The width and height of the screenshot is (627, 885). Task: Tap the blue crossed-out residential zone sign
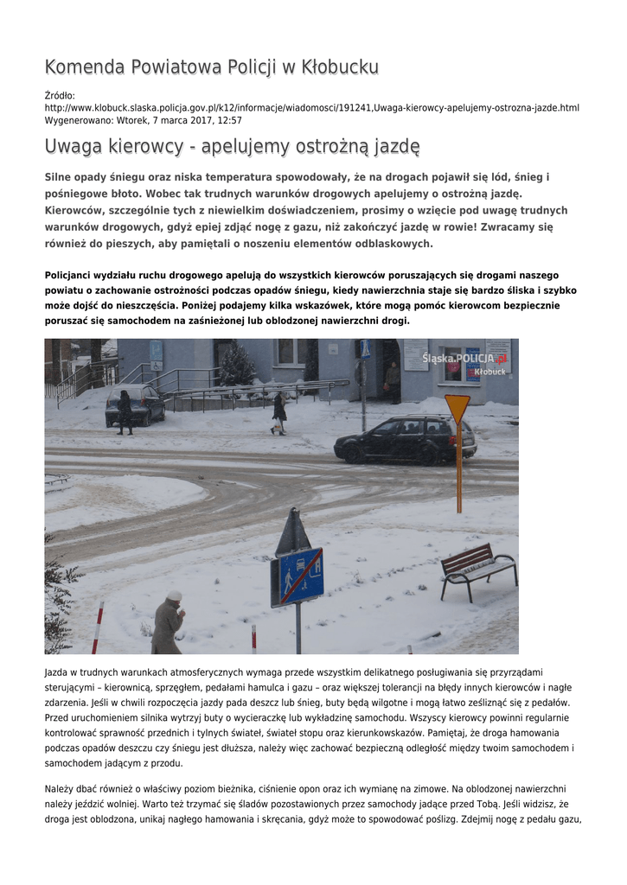pos(297,576)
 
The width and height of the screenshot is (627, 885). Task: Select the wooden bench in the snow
pos(478,570)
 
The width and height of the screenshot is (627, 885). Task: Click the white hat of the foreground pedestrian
pos(175,595)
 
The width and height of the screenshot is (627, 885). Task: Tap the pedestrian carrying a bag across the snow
pos(278,413)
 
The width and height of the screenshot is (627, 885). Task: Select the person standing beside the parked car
pos(125,411)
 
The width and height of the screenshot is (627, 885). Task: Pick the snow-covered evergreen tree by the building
pos(236,366)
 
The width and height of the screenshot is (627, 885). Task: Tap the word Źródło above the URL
pos(60,95)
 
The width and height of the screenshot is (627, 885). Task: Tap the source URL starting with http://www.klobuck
pos(311,108)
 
